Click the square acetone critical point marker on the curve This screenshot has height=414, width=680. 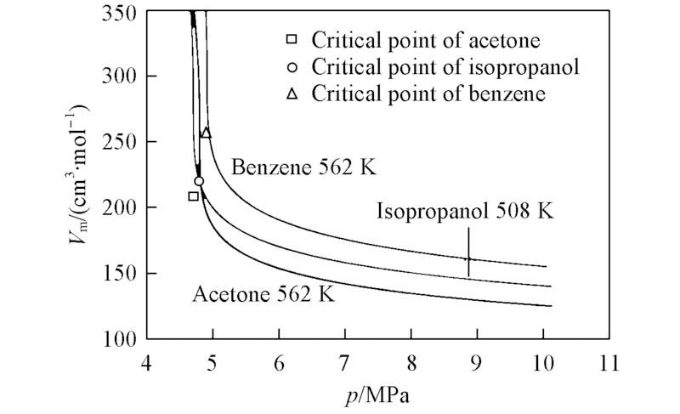(193, 196)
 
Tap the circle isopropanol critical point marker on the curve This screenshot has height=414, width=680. (199, 181)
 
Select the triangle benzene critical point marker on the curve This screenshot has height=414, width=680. (206, 133)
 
